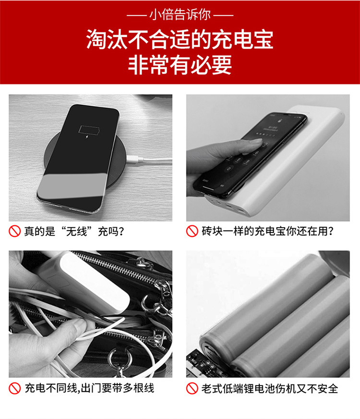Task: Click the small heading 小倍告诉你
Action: (x=180, y=15)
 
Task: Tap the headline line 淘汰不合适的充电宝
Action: (x=180, y=39)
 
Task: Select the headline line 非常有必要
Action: (x=180, y=65)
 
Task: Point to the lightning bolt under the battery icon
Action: (x=87, y=137)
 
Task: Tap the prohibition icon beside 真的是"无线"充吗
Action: (x=15, y=231)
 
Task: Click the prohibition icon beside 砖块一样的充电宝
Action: (x=192, y=231)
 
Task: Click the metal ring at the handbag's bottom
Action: (x=120, y=358)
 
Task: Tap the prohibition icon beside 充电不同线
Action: (x=15, y=388)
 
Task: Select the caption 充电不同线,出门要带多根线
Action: (x=89, y=388)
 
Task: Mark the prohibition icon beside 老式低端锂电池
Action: (x=192, y=388)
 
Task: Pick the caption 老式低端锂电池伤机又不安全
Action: (x=270, y=388)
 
